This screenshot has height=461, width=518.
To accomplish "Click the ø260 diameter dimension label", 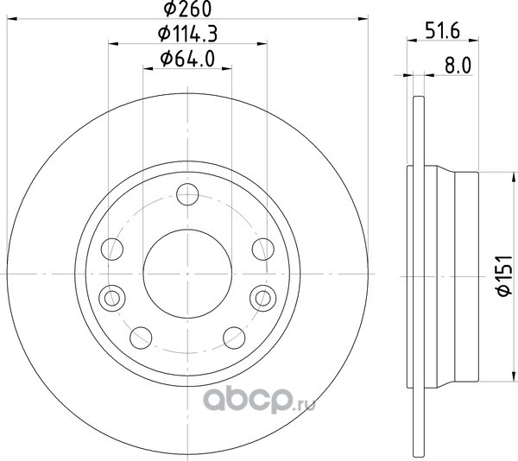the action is coord(187,9).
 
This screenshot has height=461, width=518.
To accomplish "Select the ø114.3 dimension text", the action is coord(187,34).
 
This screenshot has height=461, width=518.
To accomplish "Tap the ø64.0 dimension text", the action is coord(187,59).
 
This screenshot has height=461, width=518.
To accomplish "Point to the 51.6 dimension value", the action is coord(443,32).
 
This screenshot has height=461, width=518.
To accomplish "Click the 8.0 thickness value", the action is coord(458,66).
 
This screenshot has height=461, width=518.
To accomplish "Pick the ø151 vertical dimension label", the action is coord(504,275).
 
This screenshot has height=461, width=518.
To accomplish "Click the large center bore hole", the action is coord(187,274).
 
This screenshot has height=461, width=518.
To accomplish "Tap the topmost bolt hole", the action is coord(187,194).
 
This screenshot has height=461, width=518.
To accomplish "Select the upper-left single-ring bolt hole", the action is coord(112,249).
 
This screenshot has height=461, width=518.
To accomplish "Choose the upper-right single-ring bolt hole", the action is coord(263,249).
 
